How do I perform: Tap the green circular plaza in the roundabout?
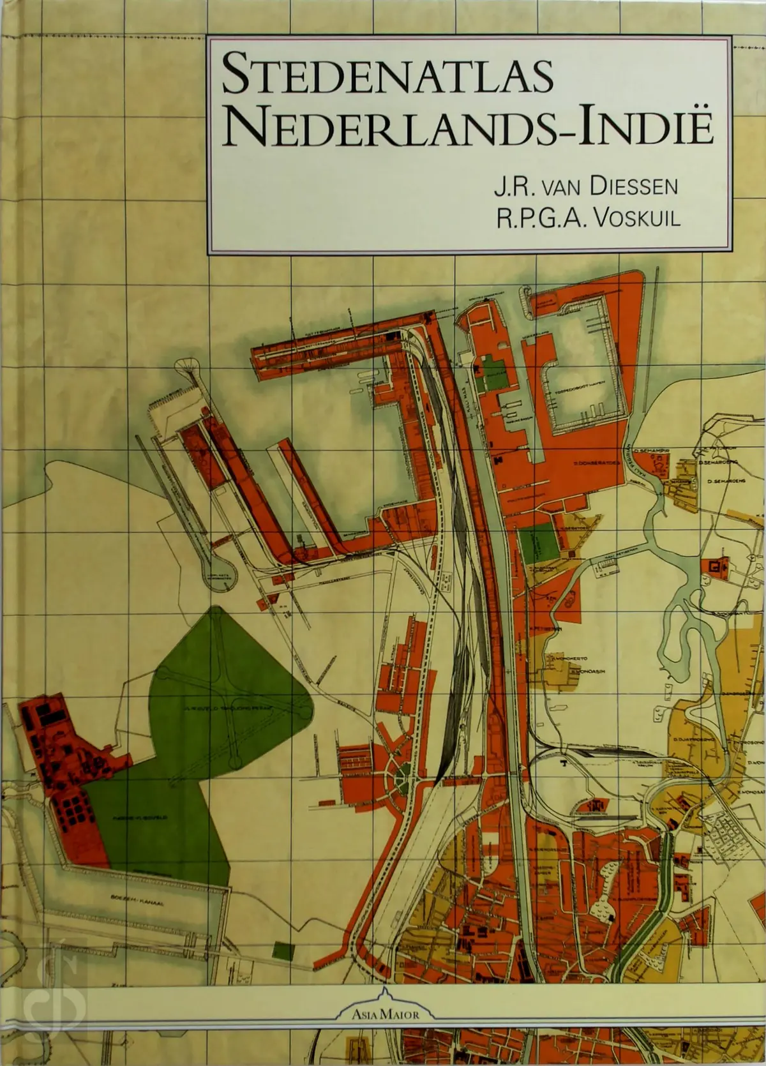(x=403, y=777)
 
